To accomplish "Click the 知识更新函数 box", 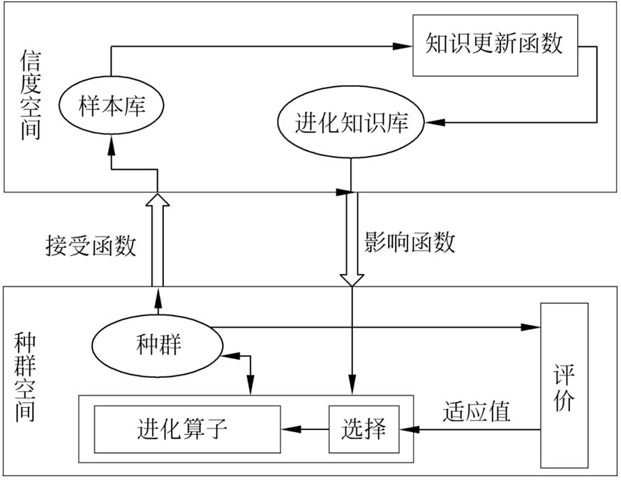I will coord(495,45).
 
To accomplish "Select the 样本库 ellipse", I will coord(112,106).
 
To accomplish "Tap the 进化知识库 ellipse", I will coord(351,124).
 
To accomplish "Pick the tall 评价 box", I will coord(564,385).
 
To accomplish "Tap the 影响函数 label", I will coord(410,243).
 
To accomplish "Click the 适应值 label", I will coord(477,411).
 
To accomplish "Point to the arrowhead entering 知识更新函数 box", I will coord(403,47).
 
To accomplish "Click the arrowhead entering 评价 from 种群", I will coord(532,326).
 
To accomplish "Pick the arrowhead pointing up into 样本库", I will coord(112,144).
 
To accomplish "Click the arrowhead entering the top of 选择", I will coord(352,397).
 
